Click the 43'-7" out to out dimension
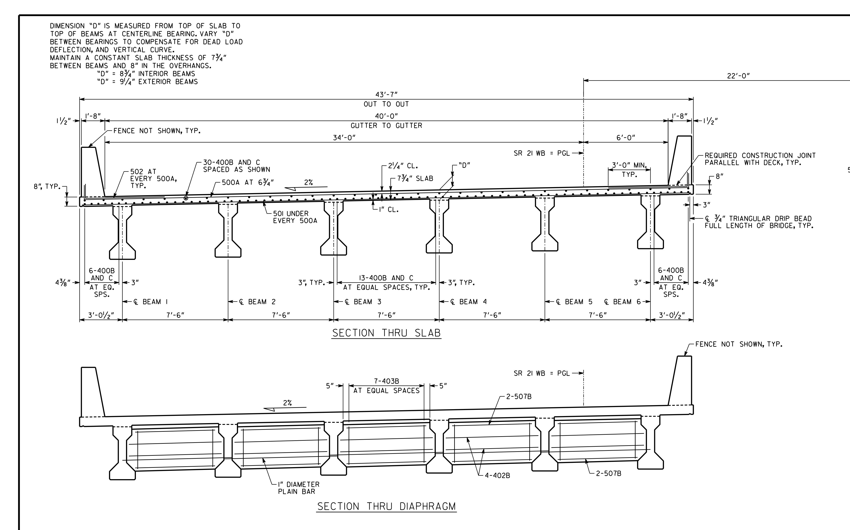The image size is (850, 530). coord(386,95)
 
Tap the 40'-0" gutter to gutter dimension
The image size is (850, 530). coord(386,116)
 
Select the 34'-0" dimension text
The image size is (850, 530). coord(344,138)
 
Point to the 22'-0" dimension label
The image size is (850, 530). coord(738,76)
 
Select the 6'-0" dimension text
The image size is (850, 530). coord(626,138)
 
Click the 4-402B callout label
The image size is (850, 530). coord(497,476)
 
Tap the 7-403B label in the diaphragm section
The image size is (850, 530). coord(386,381)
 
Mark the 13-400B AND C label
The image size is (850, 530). coord(386,278)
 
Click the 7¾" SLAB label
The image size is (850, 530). coord(415,179)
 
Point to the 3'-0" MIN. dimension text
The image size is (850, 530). coord(629,165)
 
